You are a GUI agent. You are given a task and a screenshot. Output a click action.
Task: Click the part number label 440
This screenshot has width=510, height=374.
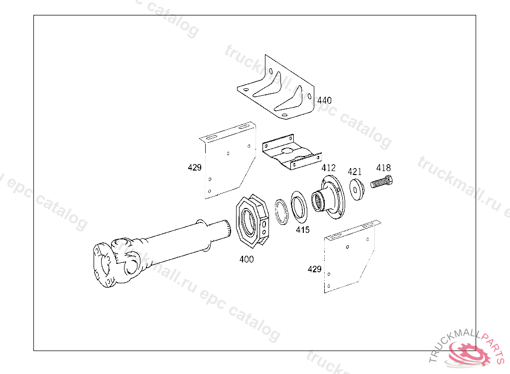(324, 100)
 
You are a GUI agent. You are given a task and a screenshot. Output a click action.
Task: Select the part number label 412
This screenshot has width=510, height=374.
(328, 168)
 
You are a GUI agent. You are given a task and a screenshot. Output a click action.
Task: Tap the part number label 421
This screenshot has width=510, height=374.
(355, 172)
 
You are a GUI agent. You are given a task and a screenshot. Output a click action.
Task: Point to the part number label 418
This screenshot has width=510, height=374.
(383, 168)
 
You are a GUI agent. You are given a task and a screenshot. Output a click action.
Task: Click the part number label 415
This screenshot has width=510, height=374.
(302, 230)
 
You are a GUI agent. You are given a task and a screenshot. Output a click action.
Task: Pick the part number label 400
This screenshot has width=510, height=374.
(247, 259)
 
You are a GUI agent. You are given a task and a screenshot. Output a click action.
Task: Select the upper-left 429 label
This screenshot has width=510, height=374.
(195, 168)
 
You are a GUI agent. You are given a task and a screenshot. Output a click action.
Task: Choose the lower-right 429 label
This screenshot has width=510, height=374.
(314, 269)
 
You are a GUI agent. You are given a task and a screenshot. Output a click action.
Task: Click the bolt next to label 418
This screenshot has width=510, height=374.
(382, 183)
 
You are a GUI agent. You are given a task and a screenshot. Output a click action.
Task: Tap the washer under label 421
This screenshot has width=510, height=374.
(357, 189)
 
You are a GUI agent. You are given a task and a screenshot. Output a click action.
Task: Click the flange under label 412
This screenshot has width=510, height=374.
(329, 198)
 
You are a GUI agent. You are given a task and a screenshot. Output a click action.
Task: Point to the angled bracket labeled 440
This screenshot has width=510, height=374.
(276, 90)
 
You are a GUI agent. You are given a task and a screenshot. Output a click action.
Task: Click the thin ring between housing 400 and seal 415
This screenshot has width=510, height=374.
(281, 211)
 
